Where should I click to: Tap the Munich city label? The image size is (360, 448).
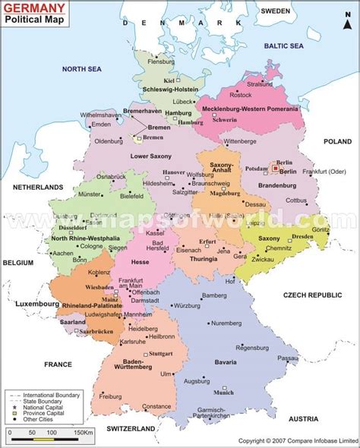pyautogui.click(x=224, y=393)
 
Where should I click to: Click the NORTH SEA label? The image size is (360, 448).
pyautogui.click(x=81, y=69)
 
